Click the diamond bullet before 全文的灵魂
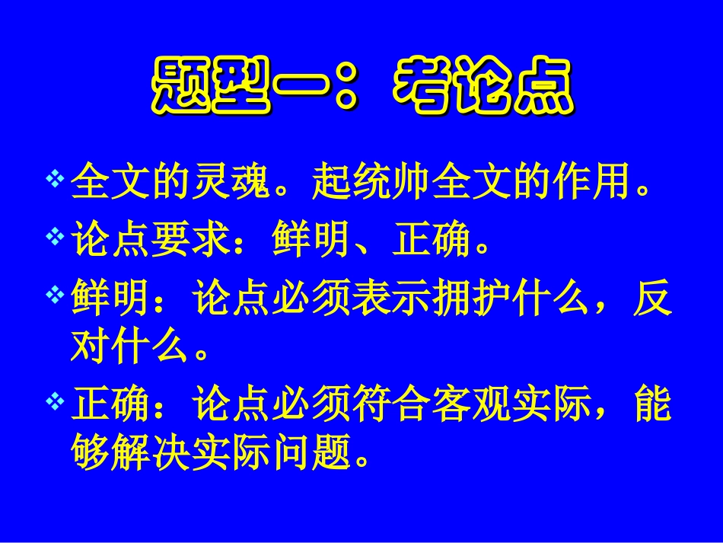click(55, 180)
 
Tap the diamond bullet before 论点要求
click(55, 238)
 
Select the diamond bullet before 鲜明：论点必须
click(55, 295)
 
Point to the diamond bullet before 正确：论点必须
click(55, 401)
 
